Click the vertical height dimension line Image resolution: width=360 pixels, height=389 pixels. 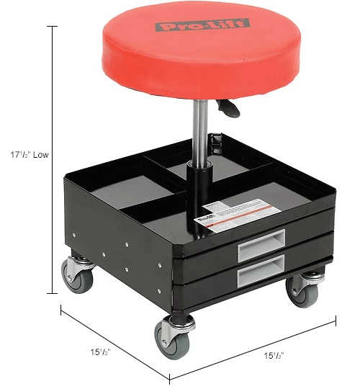(x=53, y=158)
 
